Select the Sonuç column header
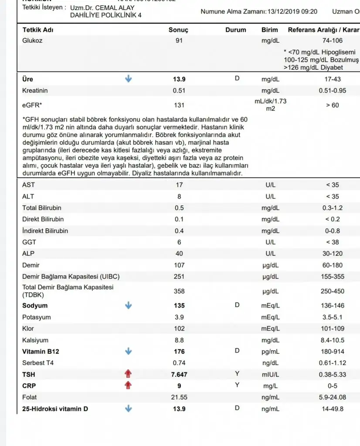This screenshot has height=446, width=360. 178,30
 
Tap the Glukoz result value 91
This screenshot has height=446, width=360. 179,41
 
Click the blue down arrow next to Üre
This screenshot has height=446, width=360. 128,79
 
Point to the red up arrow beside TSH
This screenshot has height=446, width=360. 128,374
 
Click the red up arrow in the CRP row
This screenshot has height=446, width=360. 128,385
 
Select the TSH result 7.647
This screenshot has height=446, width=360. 179,374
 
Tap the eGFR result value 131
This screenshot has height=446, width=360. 179,105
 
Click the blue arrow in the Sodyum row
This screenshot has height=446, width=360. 128,305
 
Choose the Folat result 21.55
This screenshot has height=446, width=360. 179,397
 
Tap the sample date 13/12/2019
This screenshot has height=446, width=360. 283,11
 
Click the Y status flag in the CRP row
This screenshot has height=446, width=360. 237,385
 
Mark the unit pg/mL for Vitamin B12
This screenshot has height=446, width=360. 270,351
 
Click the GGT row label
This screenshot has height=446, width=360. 30,242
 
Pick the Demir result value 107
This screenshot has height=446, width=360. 179,265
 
